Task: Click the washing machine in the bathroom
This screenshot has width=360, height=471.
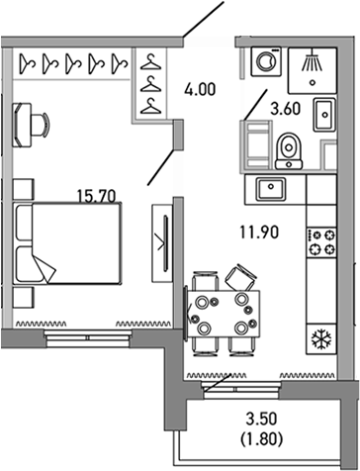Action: (x=266, y=62)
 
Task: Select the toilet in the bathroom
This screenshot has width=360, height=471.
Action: (x=289, y=148)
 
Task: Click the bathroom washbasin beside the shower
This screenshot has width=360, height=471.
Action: (x=321, y=113)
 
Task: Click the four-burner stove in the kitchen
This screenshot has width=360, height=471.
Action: (x=322, y=242)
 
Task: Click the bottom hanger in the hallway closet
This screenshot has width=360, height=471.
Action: (x=149, y=105)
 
